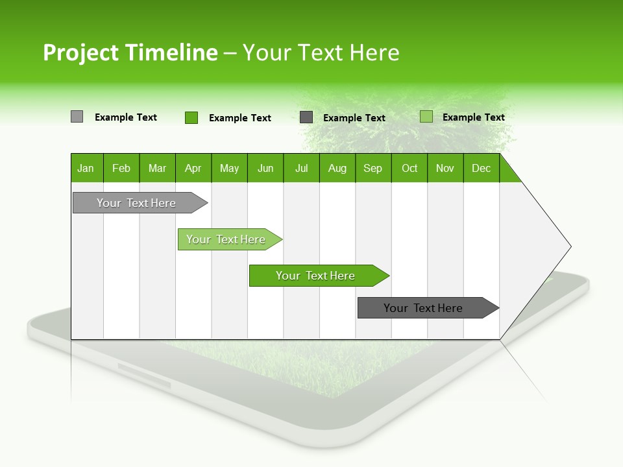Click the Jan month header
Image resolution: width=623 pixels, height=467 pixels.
(x=86, y=168)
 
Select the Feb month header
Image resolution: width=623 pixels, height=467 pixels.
(x=121, y=168)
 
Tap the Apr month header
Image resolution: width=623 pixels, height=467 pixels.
(x=193, y=168)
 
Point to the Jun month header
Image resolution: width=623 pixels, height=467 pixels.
(x=265, y=168)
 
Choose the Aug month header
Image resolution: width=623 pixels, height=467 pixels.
(x=337, y=168)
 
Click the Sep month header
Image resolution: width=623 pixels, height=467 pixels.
(x=373, y=168)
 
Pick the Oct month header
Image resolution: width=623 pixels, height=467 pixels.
(x=409, y=168)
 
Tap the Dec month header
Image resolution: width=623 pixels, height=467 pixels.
(x=482, y=168)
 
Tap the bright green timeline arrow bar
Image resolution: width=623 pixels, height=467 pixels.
(x=316, y=276)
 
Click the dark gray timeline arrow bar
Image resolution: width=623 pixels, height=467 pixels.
(x=424, y=308)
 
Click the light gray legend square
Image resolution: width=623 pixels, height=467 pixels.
(x=77, y=117)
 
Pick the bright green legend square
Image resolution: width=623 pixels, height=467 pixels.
(x=191, y=117)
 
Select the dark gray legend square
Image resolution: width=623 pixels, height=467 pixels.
(x=306, y=117)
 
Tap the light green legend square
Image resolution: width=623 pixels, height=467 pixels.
(x=426, y=117)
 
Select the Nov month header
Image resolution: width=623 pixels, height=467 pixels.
(x=445, y=168)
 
